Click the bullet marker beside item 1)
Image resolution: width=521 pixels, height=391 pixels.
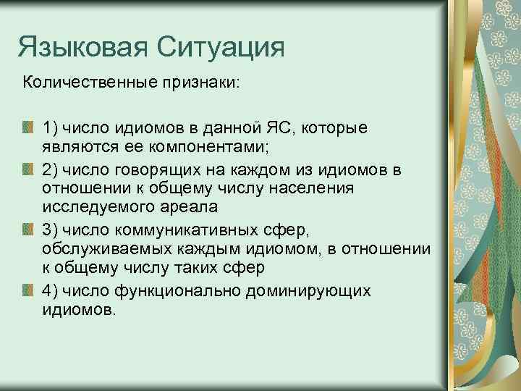coord(27,128)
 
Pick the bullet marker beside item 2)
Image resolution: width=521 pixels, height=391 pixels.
coord(27,169)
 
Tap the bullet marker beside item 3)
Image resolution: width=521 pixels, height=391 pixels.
coord(27,230)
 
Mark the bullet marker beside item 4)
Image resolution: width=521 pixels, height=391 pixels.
coord(27,290)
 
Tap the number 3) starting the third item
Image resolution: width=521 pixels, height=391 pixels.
coord(50,230)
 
